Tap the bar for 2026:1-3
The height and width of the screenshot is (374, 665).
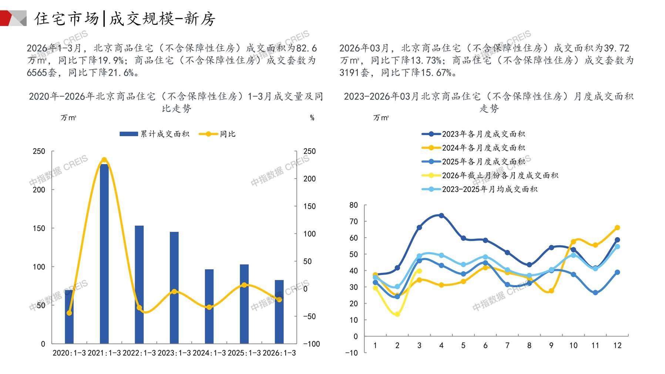coord(279,312)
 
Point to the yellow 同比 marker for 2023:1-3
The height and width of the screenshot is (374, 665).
coord(174,291)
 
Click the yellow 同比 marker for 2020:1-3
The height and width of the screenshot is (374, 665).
coord(69,313)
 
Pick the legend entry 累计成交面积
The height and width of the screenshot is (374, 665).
coord(155,134)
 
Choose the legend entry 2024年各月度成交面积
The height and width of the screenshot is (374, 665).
coord(474,148)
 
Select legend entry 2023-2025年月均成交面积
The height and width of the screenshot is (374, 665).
coord(480,189)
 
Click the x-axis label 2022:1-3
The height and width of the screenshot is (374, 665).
coord(139,353)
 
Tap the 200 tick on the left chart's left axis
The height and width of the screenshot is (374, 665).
coord(39,190)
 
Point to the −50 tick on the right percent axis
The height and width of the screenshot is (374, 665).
coord(309,316)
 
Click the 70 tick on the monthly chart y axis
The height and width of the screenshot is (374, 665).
coord(353,221)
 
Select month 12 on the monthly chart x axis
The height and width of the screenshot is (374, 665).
coord(617,345)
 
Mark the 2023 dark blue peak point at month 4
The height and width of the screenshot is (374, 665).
coord(441,215)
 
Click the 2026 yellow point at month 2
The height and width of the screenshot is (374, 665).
coord(397,314)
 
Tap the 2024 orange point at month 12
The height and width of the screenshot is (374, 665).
coord(617,228)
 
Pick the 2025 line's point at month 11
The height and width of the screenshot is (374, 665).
coord(595,293)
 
